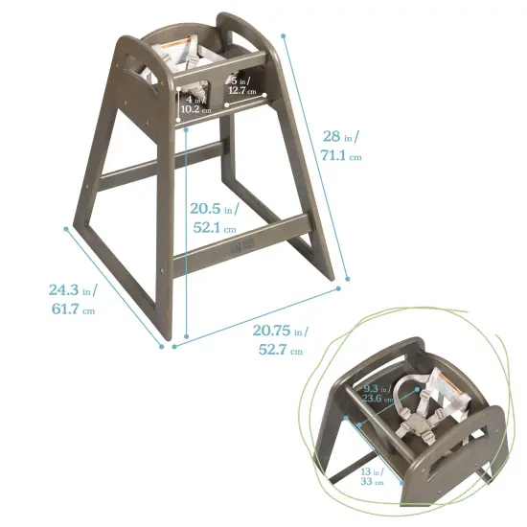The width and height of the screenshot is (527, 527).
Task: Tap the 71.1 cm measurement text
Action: [x=341, y=155]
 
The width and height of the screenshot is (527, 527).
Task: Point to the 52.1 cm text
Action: [x=215, y=228]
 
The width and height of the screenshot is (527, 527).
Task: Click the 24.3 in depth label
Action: [x=73, y=289]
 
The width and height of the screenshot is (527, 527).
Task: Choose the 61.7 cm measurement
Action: [x=73, y=309]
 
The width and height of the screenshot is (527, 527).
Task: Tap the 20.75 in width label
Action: [x=281, y=331]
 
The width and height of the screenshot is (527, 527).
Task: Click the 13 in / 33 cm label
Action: [x=372, y=475]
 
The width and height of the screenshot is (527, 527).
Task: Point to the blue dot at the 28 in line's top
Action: [x=285, y=35]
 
